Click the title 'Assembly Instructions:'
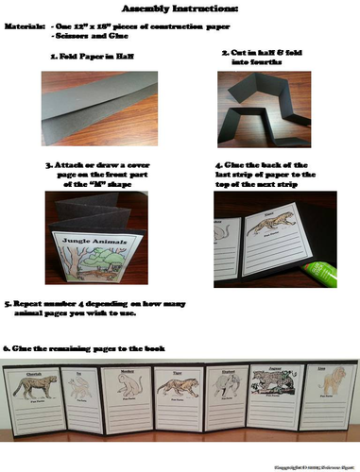(180, 8)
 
